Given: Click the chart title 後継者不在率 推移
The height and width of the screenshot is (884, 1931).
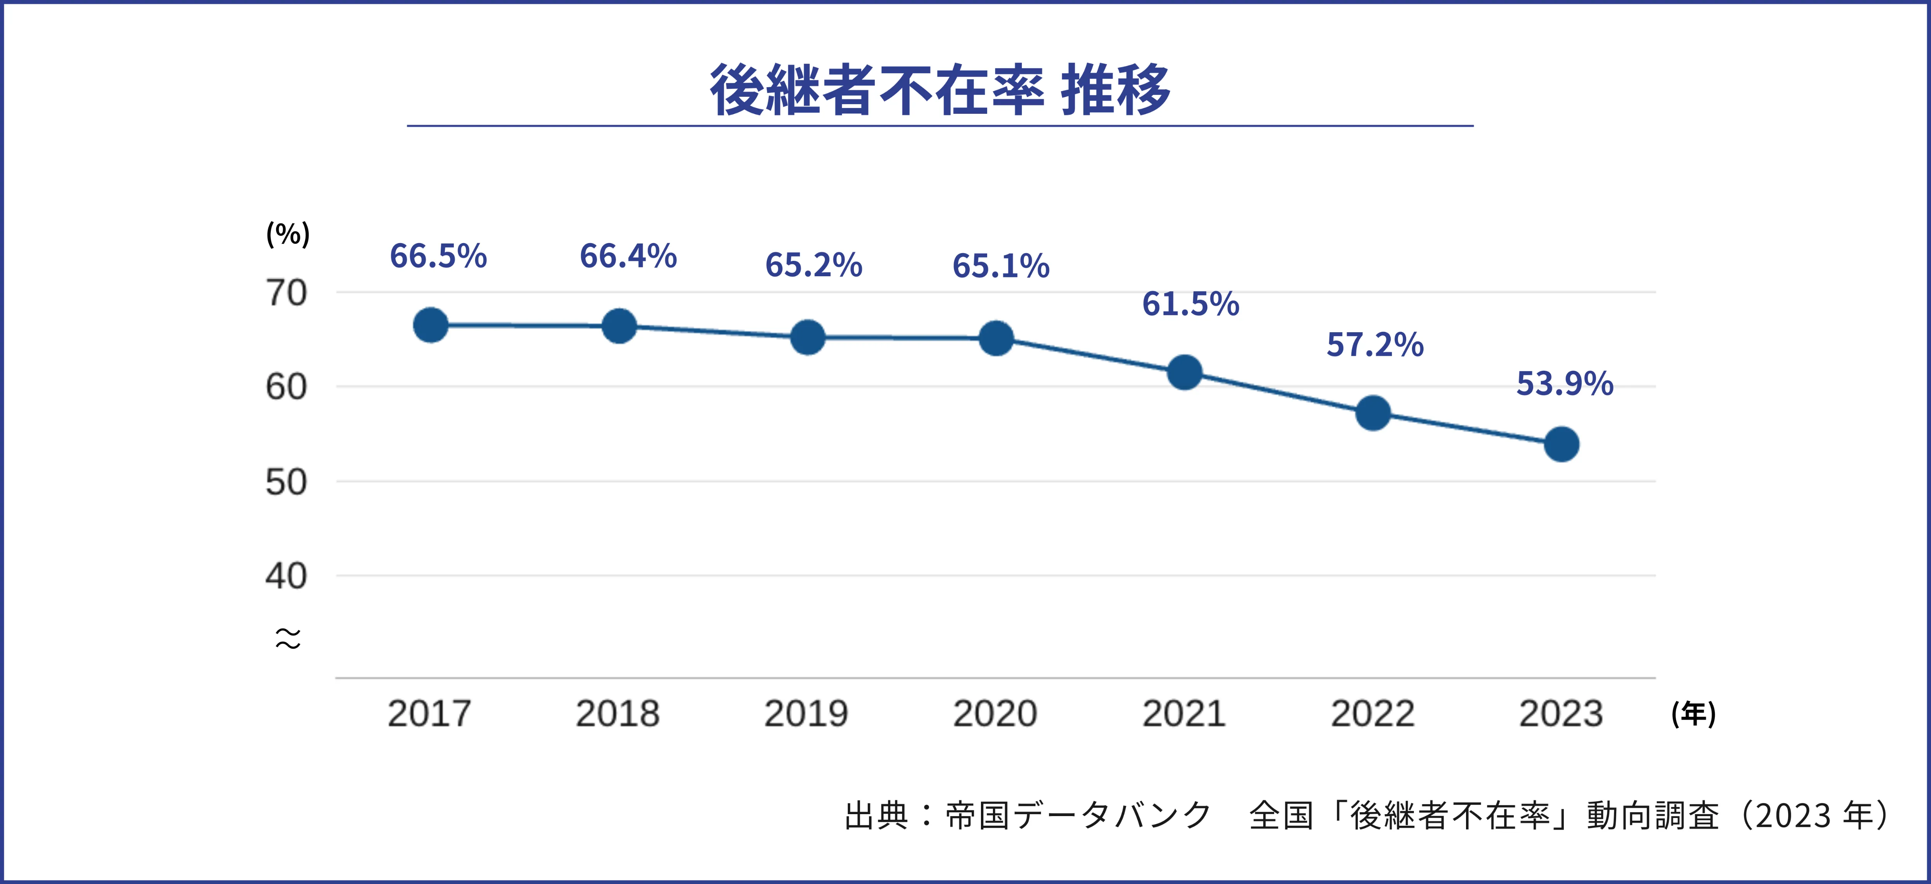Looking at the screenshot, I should click(x=940, y=90).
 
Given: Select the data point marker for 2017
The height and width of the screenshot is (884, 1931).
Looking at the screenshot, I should click(x=430, y=325).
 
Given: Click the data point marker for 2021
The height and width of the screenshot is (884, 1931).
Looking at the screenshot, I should click(x=1184, y=372).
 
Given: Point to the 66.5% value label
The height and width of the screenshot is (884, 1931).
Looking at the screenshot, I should click(x=438, y=256).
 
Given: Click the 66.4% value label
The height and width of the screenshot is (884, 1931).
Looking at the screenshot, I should click(x=628, y=256).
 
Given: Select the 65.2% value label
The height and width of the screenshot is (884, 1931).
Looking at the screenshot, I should click(x=813, y=265).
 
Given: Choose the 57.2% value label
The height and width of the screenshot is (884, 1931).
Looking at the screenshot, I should click(x=1375, y=345).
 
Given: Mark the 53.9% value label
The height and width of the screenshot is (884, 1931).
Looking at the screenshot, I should click(x=1564, y=384).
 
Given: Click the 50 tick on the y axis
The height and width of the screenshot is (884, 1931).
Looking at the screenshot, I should click(x=286, y=482).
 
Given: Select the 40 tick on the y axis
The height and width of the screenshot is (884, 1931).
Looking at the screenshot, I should click(x=286, y=576).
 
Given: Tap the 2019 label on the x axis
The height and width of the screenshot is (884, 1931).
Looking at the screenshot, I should click(x=806, y=713).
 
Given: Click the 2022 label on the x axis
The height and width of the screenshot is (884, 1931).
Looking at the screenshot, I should click(x=1373, y=713).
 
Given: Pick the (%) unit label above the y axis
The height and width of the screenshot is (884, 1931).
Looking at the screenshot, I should click(x=288, y=234).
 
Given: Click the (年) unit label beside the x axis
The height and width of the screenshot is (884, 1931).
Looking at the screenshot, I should click(x=1693, y=713).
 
